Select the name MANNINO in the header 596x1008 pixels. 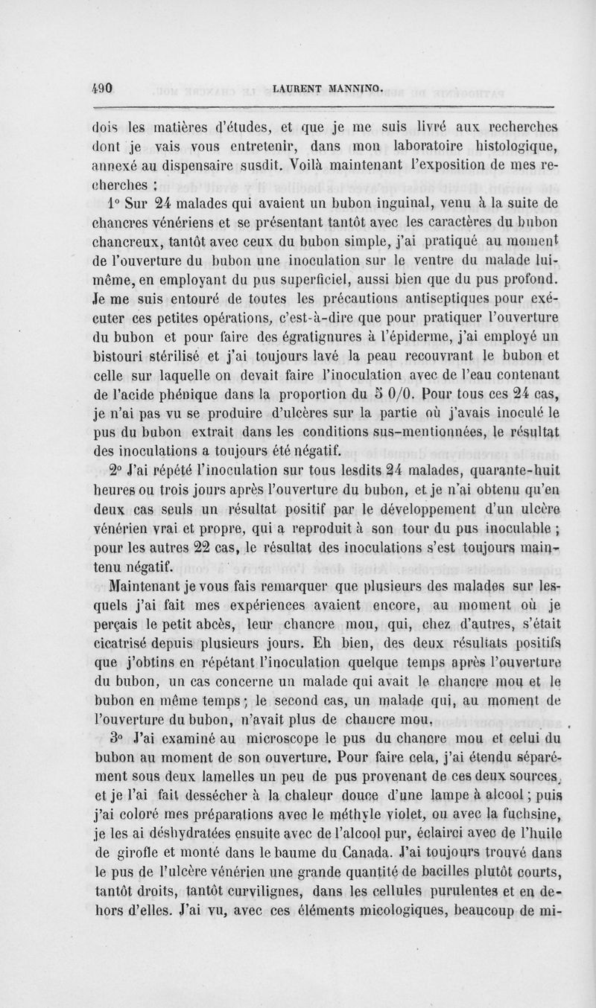click(x=352, y=89)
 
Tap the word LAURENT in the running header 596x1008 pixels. click(x=298, y=89)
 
